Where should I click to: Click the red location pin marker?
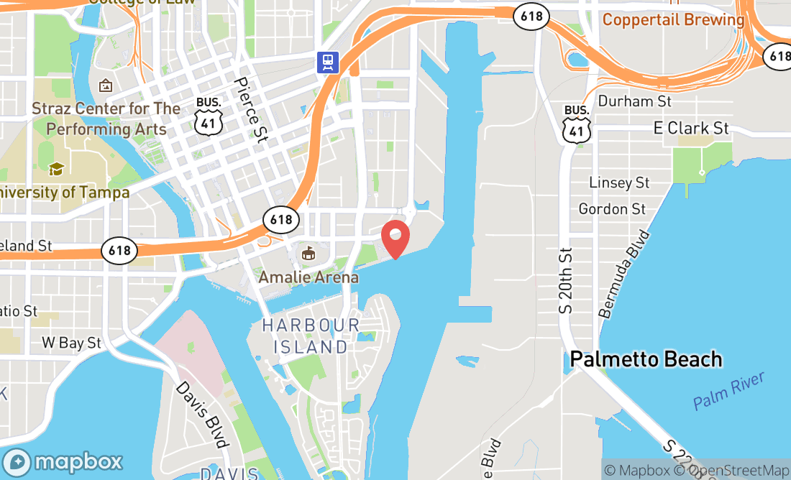[395, 239]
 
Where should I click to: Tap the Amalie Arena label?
[308, 277]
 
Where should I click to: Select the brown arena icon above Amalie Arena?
[308, 253]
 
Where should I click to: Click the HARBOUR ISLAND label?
[311, 336]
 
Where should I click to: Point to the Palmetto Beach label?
[646, 359]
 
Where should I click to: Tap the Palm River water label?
[729, 391]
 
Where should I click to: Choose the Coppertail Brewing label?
[673, 19]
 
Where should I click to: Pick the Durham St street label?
[634, 101]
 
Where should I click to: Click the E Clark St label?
[691, 129]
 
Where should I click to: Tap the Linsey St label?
[619, 183]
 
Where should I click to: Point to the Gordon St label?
[612, 209]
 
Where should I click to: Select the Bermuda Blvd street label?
[623, 274]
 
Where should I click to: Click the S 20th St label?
[567, 280]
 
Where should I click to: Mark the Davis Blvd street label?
[203, 413]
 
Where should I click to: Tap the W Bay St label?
[71, 343]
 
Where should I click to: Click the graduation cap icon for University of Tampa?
[55, 170]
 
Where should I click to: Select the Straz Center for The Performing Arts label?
[106, 119]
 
